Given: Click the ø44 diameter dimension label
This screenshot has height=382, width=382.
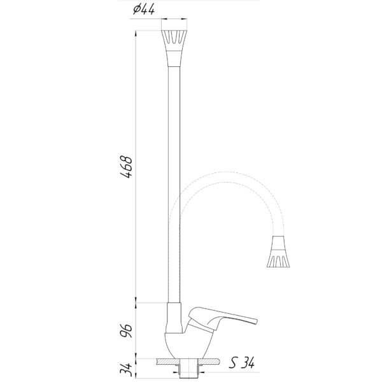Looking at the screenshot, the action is click(144, 10).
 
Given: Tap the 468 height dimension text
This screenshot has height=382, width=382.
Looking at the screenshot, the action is click(126, 167).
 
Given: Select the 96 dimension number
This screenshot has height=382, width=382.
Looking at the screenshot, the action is click(126, 330).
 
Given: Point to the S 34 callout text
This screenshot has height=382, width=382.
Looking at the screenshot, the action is click(242, 363).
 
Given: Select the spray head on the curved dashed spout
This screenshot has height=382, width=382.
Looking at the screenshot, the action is click(278, 251).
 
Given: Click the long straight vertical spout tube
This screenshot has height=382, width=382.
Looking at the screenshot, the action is click(174, 185).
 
